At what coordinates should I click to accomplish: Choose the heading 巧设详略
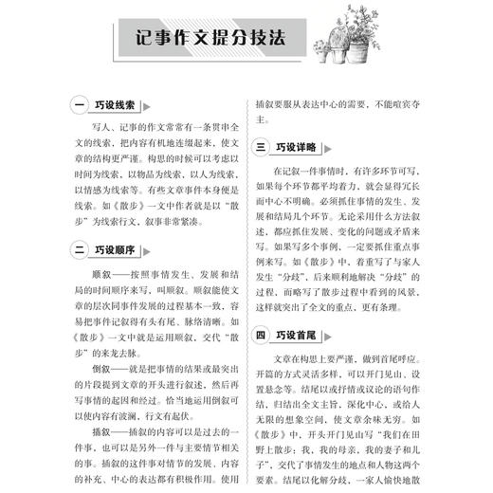(x=298, y=148)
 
